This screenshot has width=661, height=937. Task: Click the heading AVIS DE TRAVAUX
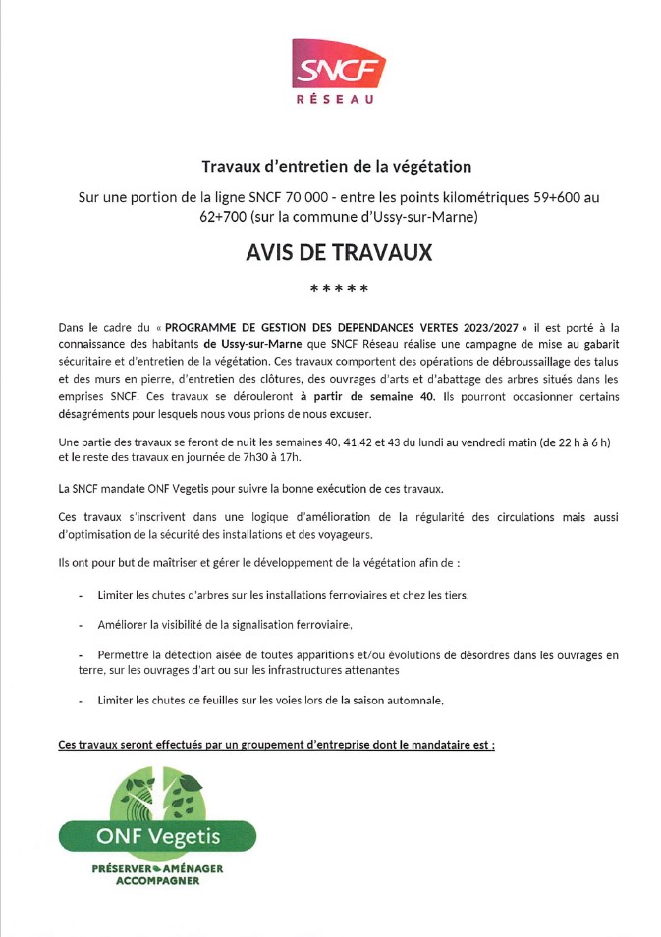[339, 252]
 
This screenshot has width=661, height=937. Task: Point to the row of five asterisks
[339, 289]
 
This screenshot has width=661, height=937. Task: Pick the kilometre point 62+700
[221, 217]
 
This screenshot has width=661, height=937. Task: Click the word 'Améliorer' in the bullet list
[125, 625]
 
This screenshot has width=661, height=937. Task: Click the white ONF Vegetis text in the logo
[158, 836]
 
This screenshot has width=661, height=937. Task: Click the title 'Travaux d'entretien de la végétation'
[337, 167]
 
